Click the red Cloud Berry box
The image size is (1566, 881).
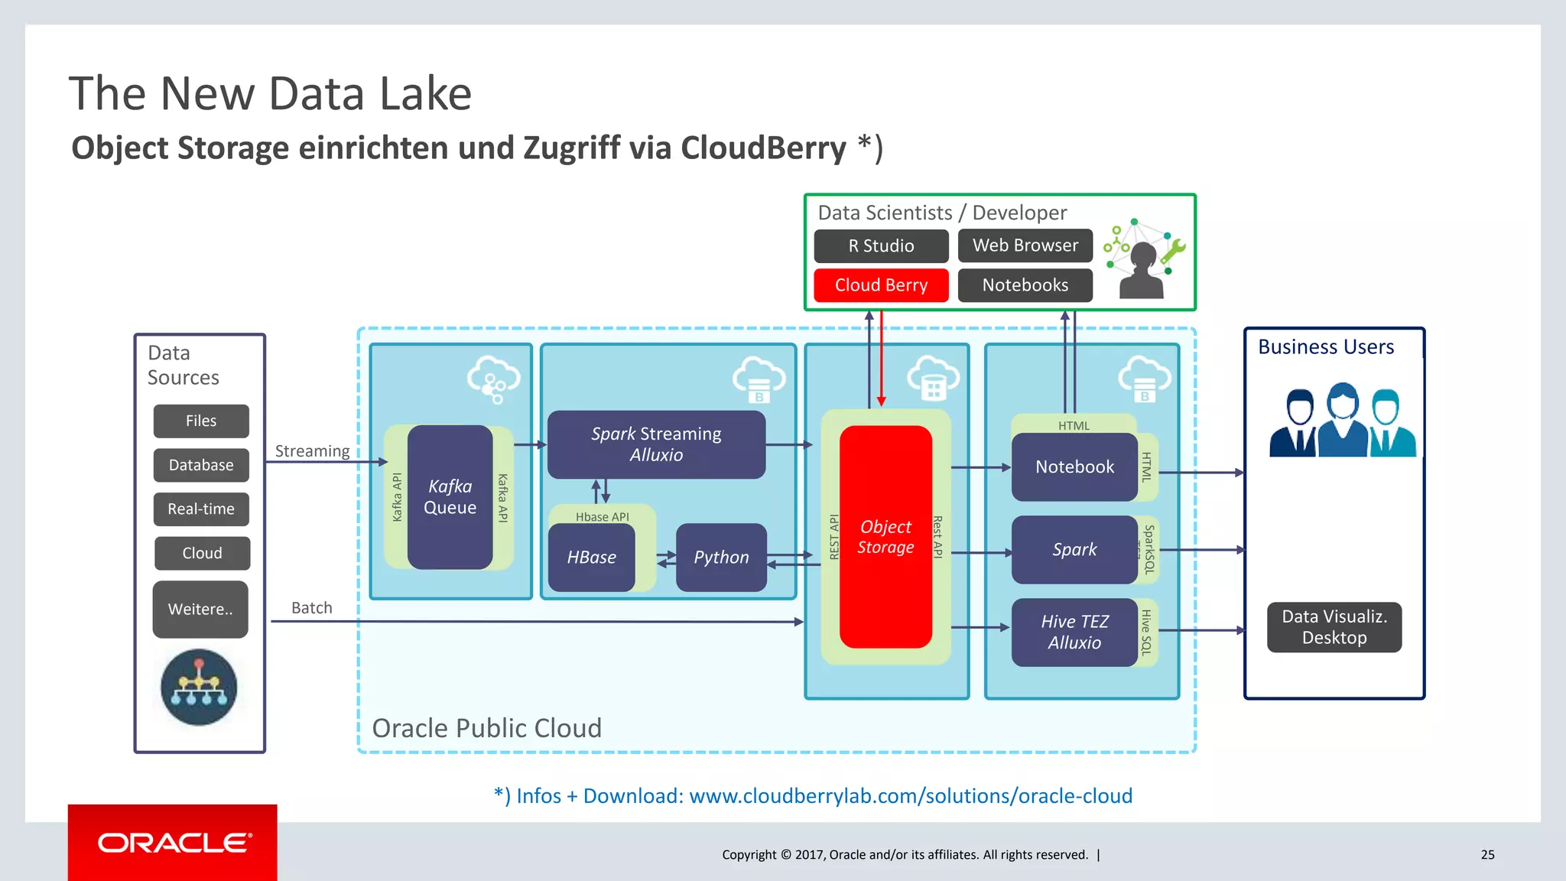pyautogui.click(x=881, y=285)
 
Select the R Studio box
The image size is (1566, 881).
pyautogui.click(x=881, y=246)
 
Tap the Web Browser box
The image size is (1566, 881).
pyautogui.click(x=1025, y=246)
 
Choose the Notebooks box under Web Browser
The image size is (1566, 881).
pyautogui.click(x=1025, y=285)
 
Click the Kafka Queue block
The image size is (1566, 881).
pyautogui.click(x=450, y=497)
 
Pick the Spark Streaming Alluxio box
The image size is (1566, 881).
pyautogui.click(x=656, y=444)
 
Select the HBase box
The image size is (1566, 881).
pyautogui.click(x=591, y=558)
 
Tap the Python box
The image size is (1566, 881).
pyautogui.click(x=721, y=558)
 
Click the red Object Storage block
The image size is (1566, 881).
pyautogui.click(x=885, y=537)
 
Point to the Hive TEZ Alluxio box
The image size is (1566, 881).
pyautogui.click(x=1074, y=632)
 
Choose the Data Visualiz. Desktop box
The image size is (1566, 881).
pyautogui.click(x=1334, y=627)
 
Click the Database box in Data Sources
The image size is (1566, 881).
pyautogui.click(x=201, y=465)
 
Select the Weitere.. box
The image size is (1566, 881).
pyautogui.click(x=200, y=610)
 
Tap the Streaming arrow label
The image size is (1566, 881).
pyautogui.click(x=312, y=451)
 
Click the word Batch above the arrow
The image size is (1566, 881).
pyautogui.click(x=312, y=608)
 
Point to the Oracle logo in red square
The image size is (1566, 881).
pyautogui.click(x=173, y=843)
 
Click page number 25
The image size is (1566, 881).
pyautogui.click(x=1487, y=855)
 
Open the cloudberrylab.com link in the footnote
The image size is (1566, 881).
pyautogui.click(x=910, y=796)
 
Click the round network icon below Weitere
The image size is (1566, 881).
pyautogui.click(x=199, y=687)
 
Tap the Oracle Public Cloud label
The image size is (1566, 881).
pyautogui.click(x=486, y=728)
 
